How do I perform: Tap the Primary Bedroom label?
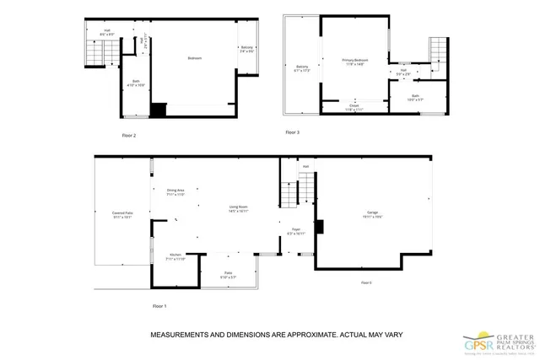tap(356, 61)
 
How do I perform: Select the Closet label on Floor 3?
tap(354, 105)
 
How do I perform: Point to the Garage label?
tap(372, 212)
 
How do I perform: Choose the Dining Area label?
tap(175, 191)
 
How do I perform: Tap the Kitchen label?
tap(175, 255)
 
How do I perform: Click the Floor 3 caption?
tap(291, 132)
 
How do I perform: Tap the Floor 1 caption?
tap(159, 305)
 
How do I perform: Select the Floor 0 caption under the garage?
tap(366, 282)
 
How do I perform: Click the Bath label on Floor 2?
tap(135, 82)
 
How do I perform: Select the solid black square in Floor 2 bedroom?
tap(158, 110)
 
